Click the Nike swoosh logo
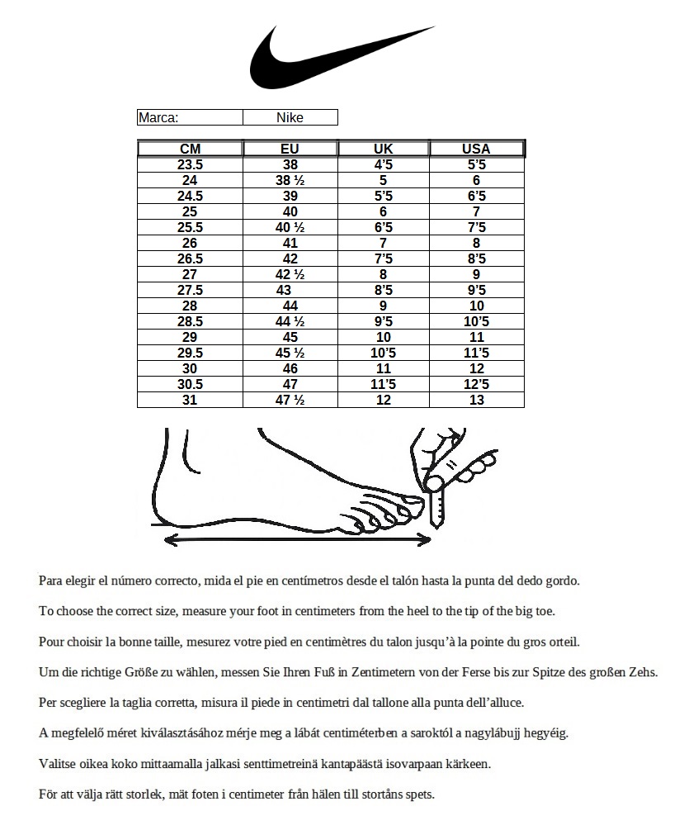pyautogui.click(x=330, y=59)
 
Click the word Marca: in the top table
pyautogui.click(x=158, y=117)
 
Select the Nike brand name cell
pyautogui.click(x=290, y=117)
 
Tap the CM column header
pyautogui.click(x=190, y=149)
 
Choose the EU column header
pyautogui.click(x=290, y=149)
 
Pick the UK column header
pyautogui.click(x=384, y=149)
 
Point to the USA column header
pyautogui.click(x=476, y=149)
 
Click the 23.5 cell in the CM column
pyautogui.click(x=190, y=164)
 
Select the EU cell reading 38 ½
pyautogui.click(x=290, y=180)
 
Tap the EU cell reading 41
pyautogui.click(x=290, y=243)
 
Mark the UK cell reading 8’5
pyautogui.click(x=384, y=290)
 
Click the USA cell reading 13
pyautogui.click(x=476, y=400)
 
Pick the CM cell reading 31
pyautogui.click(x=190, y=400)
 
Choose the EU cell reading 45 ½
pyautogui.click(x=290, y=353)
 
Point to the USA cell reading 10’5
pyautogui.click(x=476, y=321)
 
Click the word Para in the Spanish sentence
pyautogui.click(x=51, y=581)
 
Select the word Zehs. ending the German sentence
pyautogui.click(x=640, y=672)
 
